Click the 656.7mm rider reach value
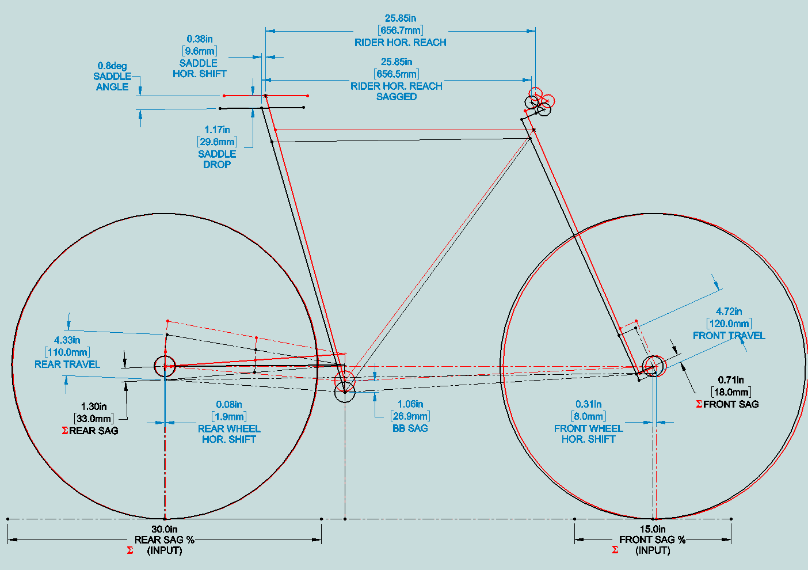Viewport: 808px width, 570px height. pyautogui.click(x=401, y=31)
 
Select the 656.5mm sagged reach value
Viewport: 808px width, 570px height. pyautogui.click(x=397, y=74)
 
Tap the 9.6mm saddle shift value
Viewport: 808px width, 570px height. pyautogui.click(x=200, y=51)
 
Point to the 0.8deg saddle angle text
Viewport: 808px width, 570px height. pyautogui.click(x=112, y=66)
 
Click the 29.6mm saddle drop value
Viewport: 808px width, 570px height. pyautogui.click(x=217, y=142)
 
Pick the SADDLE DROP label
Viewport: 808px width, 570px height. pyautogui.click(x=217, y=159)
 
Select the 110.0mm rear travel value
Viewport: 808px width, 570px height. pyautogui.click(x=67, y=352)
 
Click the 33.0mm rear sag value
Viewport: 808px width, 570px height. pyautogui.click(x=94, y=419)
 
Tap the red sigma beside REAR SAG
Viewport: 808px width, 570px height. pyautogui.click(x=65, y=431)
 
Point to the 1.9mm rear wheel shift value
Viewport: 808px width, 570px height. pyautogui.click(x=229, y=417)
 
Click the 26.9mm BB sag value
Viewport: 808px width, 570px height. pyautogui.click(x=410, y=416)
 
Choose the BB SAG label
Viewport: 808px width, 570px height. pyautogui.click(x=410, y=428)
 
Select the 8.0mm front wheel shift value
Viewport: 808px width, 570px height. pyautogui.click(x=588, y=416)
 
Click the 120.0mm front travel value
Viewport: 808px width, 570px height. pyautogui.click(x=729, y=324)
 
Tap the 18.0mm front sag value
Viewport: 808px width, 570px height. pyautogui.click(x=731, y=392)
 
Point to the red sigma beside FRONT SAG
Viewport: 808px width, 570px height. pyautogui.click(x=699, y=404)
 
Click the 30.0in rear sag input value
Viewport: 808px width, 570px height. pyautogui.click(x=165, y=529)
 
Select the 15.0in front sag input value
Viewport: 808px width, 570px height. pyautogui.click(x=653, y=529)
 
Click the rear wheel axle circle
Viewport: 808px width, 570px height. pyautogui.click(x=165, y=366)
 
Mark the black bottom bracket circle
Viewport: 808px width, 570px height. pyautogui.click(x=345, y=392)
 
